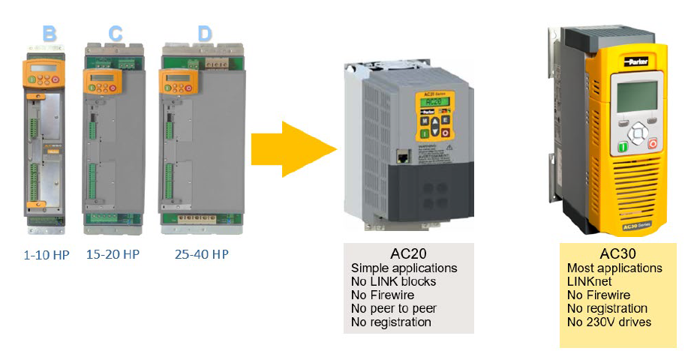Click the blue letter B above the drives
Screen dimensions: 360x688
point(50,34)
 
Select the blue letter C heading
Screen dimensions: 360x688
point(116,34)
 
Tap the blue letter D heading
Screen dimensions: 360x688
point(204,34)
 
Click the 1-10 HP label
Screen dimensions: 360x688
point(46,255)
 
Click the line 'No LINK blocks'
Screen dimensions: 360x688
point(393,281)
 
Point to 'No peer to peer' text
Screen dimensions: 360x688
point(393,308)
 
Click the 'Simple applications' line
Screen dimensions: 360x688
point(404,268)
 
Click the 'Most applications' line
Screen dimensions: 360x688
point(615,268)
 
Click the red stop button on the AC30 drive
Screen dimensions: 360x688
point(653,143)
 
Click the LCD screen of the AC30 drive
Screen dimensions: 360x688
point(634,94)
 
